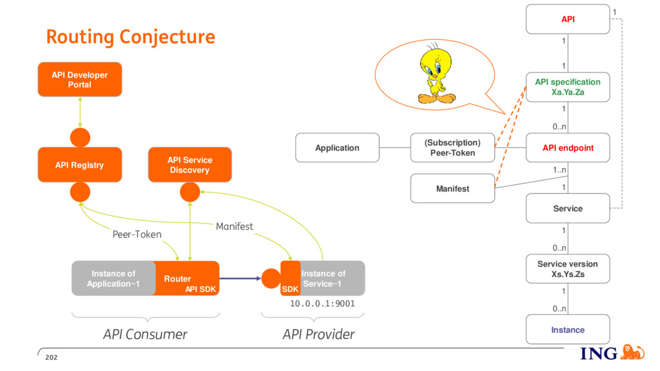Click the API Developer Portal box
tap(80, 79)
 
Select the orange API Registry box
tap(80, 164)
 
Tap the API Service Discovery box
tap(190, 164)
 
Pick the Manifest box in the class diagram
tap(452, 189)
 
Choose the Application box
tap(337, 147)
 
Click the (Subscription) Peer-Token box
tap(452, 147)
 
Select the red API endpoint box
tap(568, 147)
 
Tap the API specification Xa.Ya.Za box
tap(568, 87)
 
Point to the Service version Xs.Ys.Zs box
tap(568, 269)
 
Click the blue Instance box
tap(568, 329)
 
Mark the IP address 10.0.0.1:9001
tap(322, 303)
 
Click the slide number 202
tap(52, 357)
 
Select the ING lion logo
tap(632, 352)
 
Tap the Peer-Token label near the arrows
tap(137, 234)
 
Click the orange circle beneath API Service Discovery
tap(190, 192)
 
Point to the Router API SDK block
tap(186, 278)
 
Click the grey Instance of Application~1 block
tap(113, 278)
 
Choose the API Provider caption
tap(318, 334)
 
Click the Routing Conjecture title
tap(130, 37)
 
